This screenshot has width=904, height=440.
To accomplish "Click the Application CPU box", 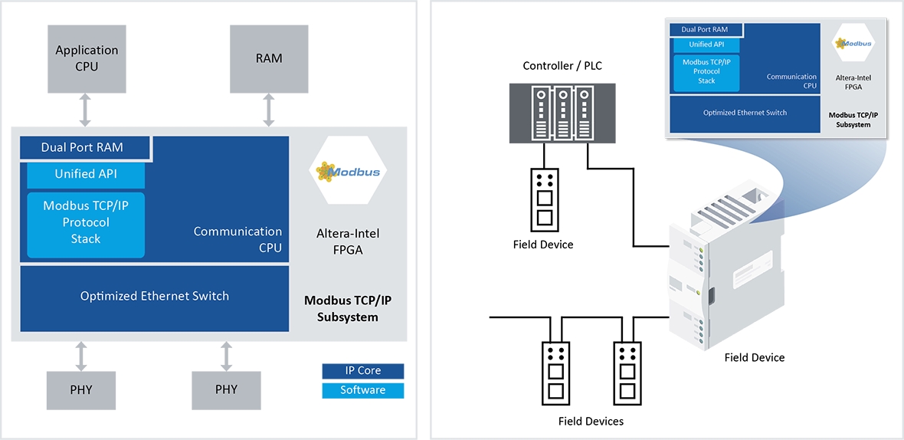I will pos(87,57).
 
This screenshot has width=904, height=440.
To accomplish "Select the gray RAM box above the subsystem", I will pos(269,57).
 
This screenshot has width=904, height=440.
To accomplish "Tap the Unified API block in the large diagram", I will pos(86,174).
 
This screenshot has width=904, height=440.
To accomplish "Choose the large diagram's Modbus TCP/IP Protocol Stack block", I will pos(86,222).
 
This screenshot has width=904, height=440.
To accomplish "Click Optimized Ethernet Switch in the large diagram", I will pos(155,296).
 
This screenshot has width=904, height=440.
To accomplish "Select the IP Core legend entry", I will pos(362,371).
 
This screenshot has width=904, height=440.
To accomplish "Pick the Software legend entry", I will pos(362,390).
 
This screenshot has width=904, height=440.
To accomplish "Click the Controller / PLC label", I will pos(562,66).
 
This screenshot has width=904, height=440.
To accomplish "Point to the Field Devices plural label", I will pos(591,422).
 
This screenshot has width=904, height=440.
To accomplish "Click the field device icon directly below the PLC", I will pos(544,198).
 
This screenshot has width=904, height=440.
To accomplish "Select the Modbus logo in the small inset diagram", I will pos(853,44).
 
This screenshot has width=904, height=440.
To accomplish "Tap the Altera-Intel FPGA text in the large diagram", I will pos(348,241).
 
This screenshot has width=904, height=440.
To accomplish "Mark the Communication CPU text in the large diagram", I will pos(238,239).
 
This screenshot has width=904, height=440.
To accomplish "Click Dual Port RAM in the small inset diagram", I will pos(698,30).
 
